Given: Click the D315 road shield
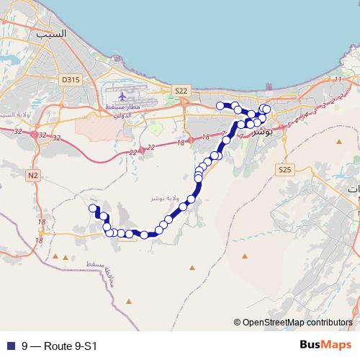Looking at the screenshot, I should [x=70, y=80].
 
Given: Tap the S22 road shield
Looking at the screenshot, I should [x=181, y=91].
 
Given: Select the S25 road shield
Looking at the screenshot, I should [x=284, y=170].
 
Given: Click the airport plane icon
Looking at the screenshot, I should [x=122, y=95].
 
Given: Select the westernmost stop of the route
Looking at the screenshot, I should [x=92, y=209].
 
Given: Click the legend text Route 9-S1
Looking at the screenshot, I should [x=59, y=346].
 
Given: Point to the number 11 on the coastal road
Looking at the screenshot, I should [x=337, y=79].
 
